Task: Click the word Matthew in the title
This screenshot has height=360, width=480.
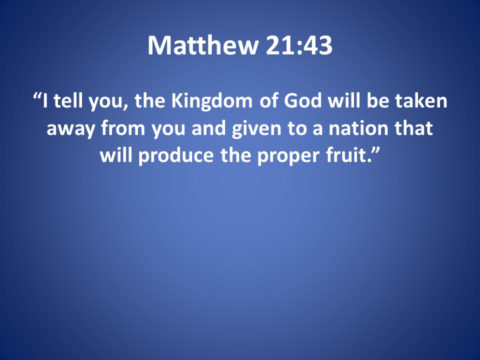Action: [x=203, y=45]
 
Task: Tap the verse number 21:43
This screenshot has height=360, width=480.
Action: [x=299, y=45]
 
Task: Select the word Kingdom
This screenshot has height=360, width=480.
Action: [x=212, y=101]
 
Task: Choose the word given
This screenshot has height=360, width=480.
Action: [x=256, y=129]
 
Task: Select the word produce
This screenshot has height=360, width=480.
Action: [x=176, y=156]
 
